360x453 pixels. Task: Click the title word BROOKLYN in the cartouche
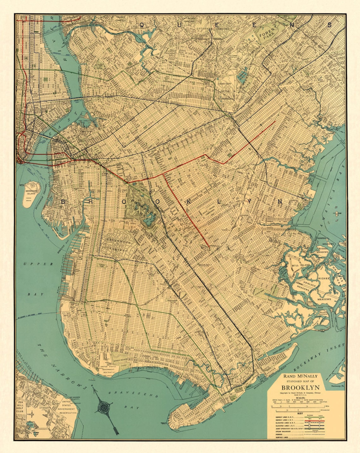click(x=300, y=387)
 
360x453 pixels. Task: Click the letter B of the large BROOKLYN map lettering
click(x=63, y=202)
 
